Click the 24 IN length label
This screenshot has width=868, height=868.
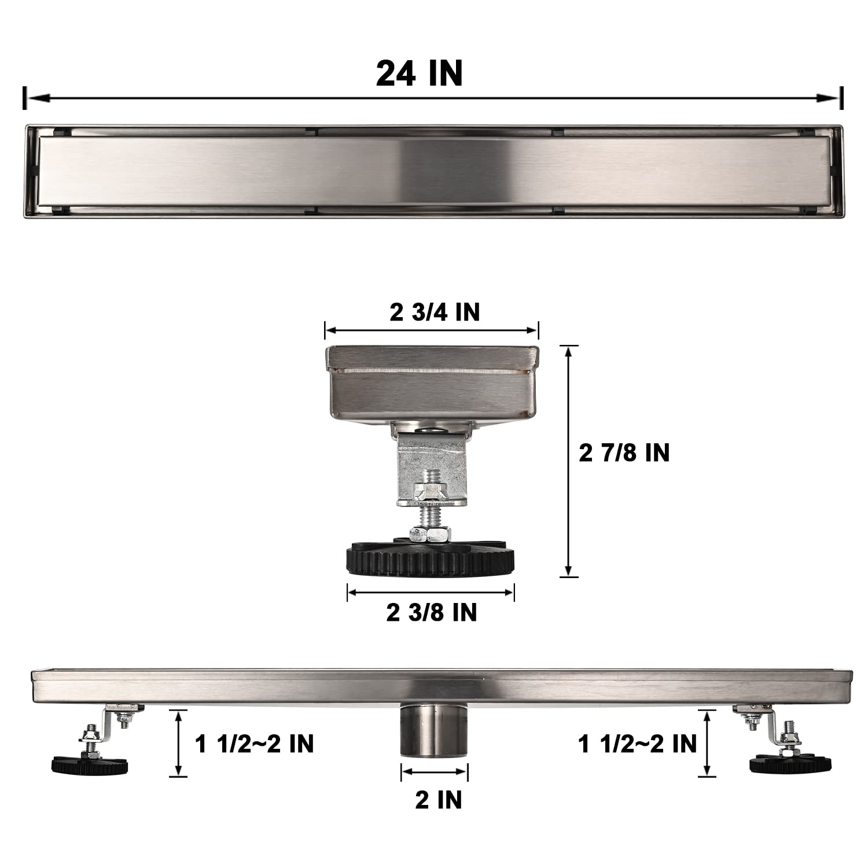[x=419, y=73]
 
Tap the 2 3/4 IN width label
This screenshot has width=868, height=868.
[x=435, y=312]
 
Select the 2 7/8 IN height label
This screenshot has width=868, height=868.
[x=624, y=453]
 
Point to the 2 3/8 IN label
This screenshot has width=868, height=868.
[x=432, y=612]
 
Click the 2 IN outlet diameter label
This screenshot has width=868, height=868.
[x=438, y=800]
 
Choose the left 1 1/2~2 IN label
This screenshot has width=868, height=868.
[x=255, y=744]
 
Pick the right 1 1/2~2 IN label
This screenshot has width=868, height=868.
[x=638, y=744]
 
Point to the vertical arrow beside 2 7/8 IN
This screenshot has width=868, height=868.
[x=569, y=461]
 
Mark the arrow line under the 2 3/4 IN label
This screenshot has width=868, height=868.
[x=432, y=331]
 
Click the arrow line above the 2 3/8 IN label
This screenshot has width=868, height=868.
[x=431, y=591]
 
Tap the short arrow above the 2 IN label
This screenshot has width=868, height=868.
[x=435, y=771]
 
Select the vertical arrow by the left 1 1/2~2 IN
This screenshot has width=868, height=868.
[x=179, y=743]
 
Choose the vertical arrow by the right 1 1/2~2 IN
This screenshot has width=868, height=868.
[x=707, y=743]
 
